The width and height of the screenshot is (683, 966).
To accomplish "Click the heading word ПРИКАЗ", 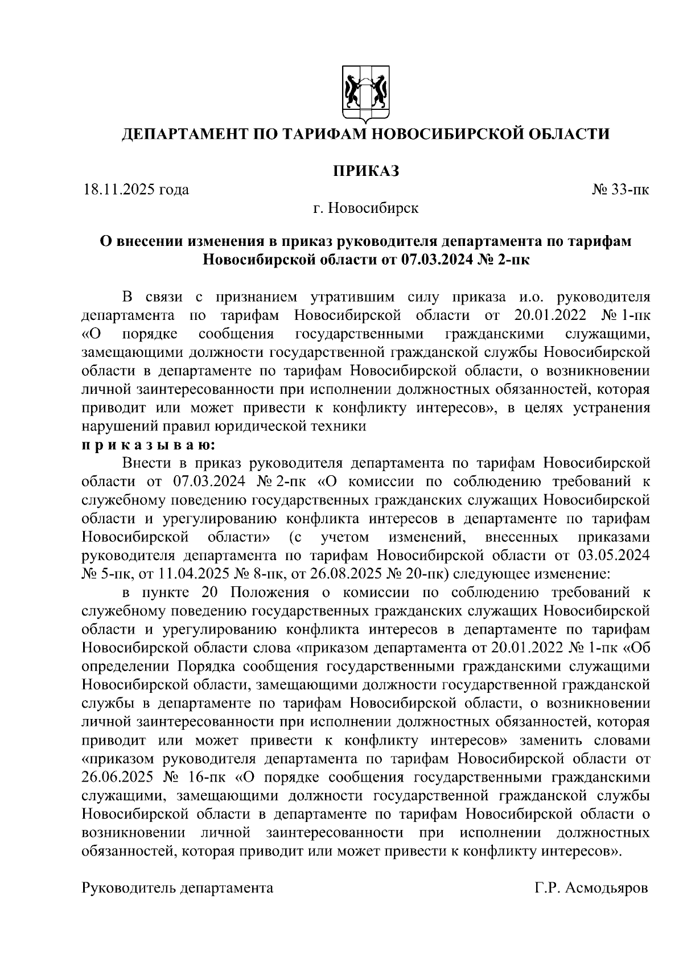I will (365, 171).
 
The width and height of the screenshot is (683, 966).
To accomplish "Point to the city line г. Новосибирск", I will (365, 208).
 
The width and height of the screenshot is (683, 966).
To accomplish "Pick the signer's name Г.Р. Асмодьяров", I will (591, 888).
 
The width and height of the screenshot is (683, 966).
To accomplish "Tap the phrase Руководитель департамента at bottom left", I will (178, 888).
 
